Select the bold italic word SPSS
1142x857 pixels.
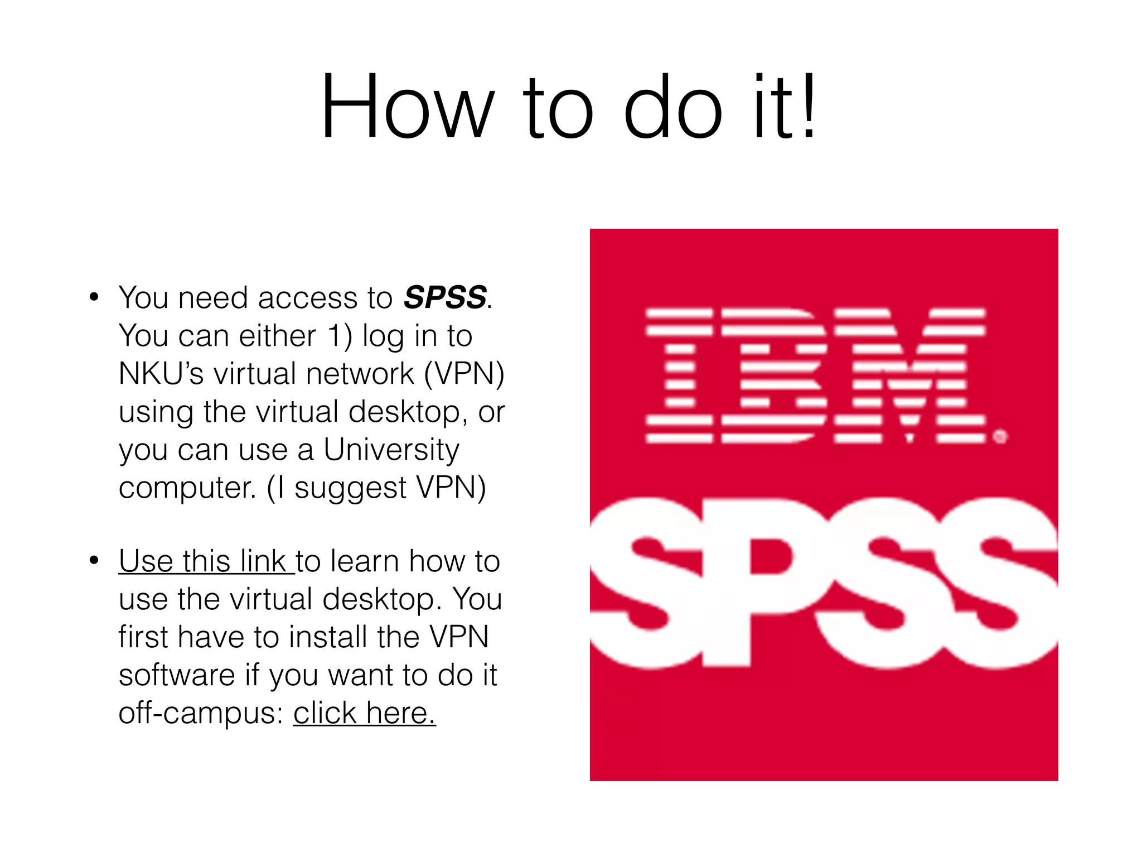[445, 297]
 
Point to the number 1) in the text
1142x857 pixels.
[340, 336]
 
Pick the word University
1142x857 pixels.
[391, 450]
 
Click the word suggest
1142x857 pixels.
[350, 488]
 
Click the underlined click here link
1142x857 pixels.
[364, 713]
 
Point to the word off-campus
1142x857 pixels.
[201, 713]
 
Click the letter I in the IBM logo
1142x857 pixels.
[679, 375]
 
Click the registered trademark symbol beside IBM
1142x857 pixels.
[1000, 436]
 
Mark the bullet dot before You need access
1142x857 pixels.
[94, 297]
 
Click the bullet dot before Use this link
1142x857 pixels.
[94, 560]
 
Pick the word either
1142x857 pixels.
[277, 336]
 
